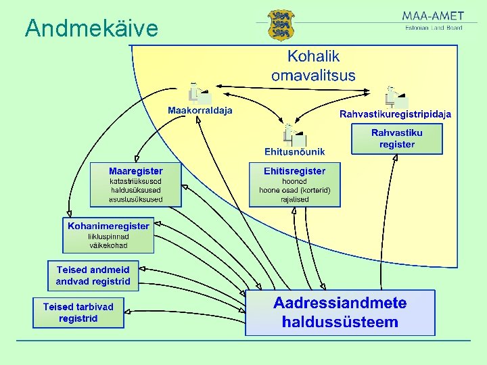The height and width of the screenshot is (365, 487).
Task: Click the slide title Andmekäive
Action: pyautogui.click(x=91, y=28)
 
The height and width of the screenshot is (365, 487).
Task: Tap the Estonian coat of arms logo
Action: pyautogui.click(x=281, y=25)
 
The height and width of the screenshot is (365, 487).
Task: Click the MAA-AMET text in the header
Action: pyautogui.click(x=433, y=16)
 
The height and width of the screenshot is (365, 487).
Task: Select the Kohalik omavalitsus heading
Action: pyautogui.click(x=313, y=66)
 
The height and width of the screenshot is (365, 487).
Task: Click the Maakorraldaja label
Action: pyautogui.click(x=200, y=110)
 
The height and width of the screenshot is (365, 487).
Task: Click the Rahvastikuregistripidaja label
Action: pyautogui.click(x=395, y=114)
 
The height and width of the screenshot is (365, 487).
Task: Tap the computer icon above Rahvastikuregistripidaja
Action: pyautogui.click(x=394, y=97)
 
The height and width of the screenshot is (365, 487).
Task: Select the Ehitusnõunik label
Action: pyautogui.click(x=294, y=151)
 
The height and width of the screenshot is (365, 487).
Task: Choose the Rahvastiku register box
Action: pyautogui.click(x=397, y=139)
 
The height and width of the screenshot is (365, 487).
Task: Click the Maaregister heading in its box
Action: pyautogui.click(x=136, y=170)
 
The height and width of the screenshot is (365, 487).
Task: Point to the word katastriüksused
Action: pyautogui.click(x=136, y=181)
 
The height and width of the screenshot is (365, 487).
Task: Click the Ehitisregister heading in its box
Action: pyautogui.click(x=294, y=171)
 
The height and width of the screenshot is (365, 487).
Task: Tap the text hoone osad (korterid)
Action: pyautogui.click(x=294, y=191)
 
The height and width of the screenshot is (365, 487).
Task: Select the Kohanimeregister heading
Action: pyautogui.click(x=108, y=226)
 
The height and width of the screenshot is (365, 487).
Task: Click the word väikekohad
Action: pyautogui.click(x=108, y=245)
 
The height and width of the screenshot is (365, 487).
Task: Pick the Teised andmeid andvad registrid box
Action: pyautogui.click(x=93, y=276)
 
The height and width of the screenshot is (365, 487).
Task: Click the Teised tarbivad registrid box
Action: pyautogui.click(x=78, y=312)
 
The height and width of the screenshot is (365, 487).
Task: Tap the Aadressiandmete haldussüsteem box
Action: pyautogui.click(x=340, y=312)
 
